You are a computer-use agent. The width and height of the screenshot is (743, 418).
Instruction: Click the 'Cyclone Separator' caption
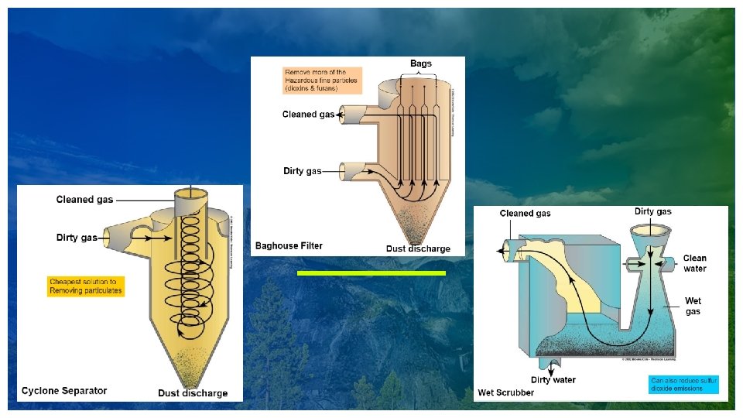pyautogui.click(x=64, y=390)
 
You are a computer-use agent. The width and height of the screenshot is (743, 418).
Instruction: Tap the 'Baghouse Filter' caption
pyautogui.click(x=289, y=246)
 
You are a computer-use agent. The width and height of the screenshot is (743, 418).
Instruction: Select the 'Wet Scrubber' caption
pyautogui.click(x=505, y=392)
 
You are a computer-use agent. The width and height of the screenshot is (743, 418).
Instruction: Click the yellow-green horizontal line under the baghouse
pyautogui.click(x=371, y=273)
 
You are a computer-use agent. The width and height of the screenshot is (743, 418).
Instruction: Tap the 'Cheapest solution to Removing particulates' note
pyautogui.click(x=85, y=286)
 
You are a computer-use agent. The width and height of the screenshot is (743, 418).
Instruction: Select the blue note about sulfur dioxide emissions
pyautogui.click(x=683, y=385)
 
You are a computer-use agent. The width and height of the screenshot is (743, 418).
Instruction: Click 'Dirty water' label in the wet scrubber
pyautogui.click(x=553, y=379)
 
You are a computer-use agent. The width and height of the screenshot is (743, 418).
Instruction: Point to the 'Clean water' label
pyautogui.click(x=694, y=263)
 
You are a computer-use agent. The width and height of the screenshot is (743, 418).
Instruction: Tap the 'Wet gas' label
pyautogui.click(x=693, y=305)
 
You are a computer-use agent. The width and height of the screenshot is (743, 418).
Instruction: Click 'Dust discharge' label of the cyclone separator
pyautogui.click(x=193, y=392)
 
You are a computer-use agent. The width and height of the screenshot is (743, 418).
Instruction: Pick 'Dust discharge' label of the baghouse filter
pyautogui.click(x=418, y=248)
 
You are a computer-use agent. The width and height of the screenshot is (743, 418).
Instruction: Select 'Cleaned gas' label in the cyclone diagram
pyautogui.click(x=84, y=200)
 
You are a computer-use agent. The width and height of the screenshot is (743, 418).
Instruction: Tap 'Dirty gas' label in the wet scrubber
pyautogui.click(x=652, y=211)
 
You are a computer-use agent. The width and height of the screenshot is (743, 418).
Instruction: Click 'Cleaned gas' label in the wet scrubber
pyautogui.click(x=526, y=213)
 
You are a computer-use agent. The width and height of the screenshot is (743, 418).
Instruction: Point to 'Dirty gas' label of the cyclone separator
pyautogui.click(x=77, y=238)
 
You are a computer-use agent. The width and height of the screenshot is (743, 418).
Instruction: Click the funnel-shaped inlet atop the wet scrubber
pyautogui.click(x=651, y=232)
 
